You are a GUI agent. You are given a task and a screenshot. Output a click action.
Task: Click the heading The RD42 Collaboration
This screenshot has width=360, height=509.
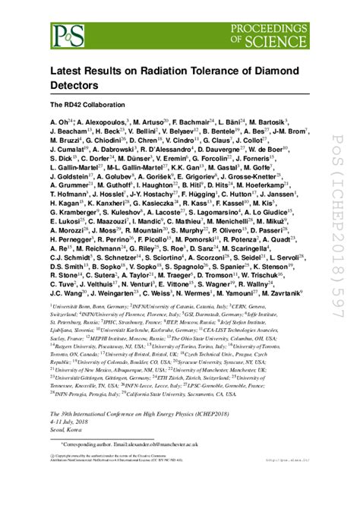coord(93,104)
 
